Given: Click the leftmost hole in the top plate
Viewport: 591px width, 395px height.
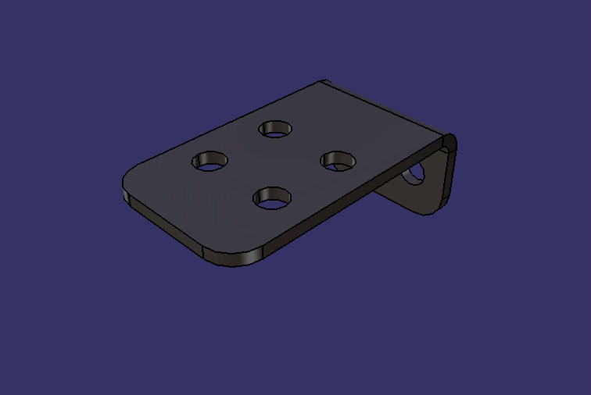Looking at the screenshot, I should click(x=210, y=162).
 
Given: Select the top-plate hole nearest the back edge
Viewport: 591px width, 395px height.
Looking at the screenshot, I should click(x=275, y=128).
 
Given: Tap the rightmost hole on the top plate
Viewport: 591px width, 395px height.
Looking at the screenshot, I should click(x=338, y=160).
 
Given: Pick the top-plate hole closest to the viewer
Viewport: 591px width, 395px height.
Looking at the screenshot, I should click(x=272, y=197).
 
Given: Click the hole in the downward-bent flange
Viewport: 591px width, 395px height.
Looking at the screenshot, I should click(x=415, y=173).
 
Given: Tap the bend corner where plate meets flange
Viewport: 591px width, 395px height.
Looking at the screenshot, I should click(x=448, y=143).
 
